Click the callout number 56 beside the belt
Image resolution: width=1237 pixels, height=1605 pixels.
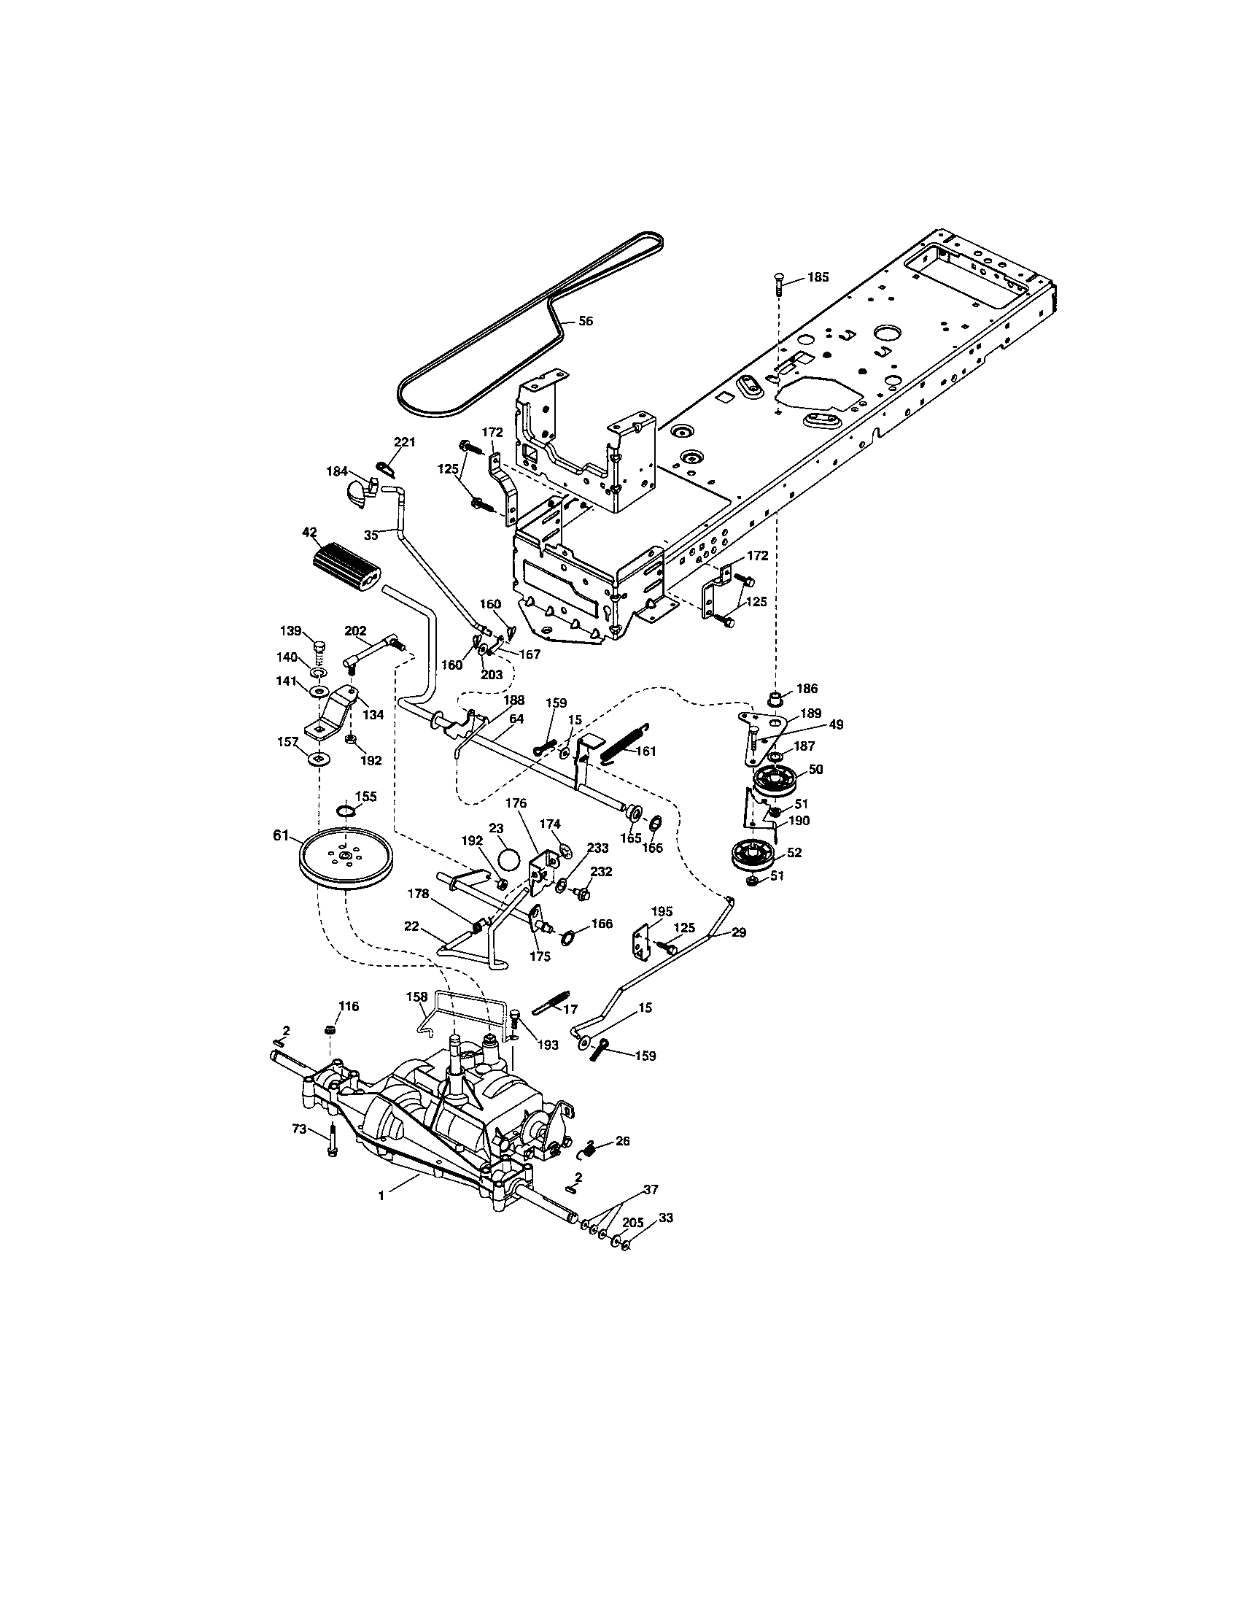pyautogui.click(x=586, y=321)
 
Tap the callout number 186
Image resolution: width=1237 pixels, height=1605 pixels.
pyautogui.click(x=807, y=689)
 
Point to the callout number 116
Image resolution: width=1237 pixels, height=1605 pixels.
pyautogui.click(x=348, y=1006)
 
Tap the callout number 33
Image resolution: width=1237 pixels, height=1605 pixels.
pyautogui.click(x=665, y=1218)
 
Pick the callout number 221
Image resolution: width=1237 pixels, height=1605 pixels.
pyautogui.click(x=405, y=441)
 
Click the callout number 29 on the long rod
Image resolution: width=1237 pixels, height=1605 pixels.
pyautogui.click(x=739, y=932)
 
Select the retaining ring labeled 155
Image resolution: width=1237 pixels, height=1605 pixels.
pyautogui.click(x=346, y=811)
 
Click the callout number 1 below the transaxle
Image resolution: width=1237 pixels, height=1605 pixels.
pyautogui.click(x=381, y=1196)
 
